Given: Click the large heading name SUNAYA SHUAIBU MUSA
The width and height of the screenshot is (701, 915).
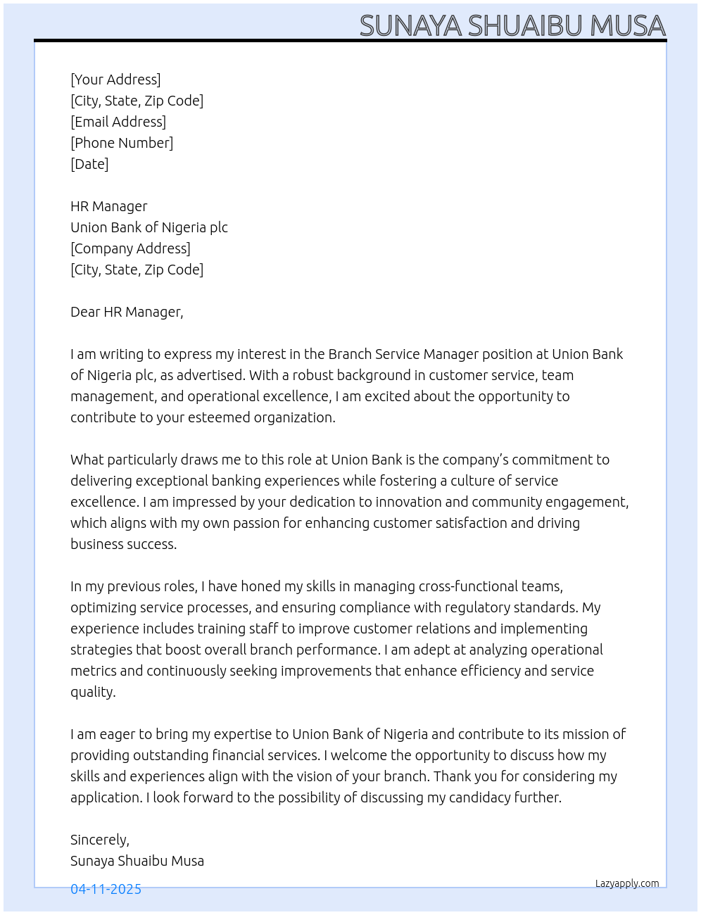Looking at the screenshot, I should (x=512, y=25).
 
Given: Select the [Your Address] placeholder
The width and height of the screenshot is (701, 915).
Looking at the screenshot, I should (x=115, y=80).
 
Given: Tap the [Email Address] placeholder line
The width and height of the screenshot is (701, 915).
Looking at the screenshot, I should (x=118, y=122).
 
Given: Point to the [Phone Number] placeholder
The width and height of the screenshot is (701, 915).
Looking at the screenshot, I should (x=122, y=143).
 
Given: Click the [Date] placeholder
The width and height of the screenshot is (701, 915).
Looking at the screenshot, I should (x=89, y=164).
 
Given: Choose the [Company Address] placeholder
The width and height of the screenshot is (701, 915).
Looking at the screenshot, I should (x=130, y=248).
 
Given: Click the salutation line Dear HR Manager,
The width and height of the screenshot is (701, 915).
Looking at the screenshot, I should (x=127, y=312).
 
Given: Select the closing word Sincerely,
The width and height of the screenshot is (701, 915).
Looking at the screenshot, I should (x=99, y=840).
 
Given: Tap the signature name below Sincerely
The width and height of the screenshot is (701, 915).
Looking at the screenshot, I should (x=137, y=861).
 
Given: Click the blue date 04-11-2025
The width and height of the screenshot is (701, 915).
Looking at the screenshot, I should (x=106, y=889).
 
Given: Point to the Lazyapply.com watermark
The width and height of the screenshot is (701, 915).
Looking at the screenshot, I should (x=627, y=883).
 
